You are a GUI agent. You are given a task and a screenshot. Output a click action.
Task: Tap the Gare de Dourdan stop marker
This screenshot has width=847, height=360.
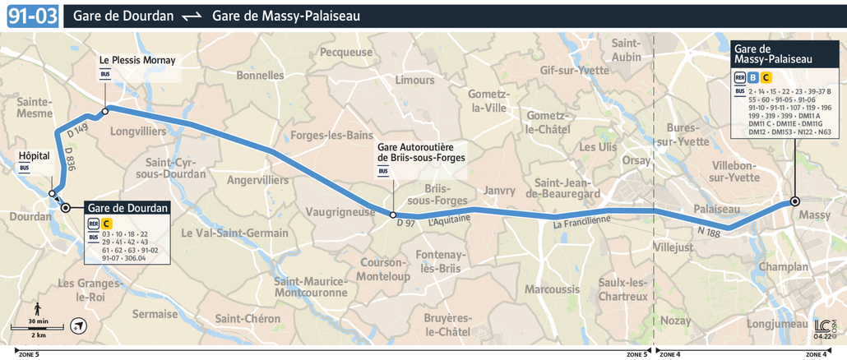[66, 208]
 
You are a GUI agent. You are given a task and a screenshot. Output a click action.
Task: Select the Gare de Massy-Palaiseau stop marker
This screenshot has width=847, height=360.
[795, 201]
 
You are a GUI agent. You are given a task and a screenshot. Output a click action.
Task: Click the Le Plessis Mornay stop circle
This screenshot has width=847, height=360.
[105, 111]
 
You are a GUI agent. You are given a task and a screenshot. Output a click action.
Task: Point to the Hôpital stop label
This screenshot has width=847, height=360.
[35, 155]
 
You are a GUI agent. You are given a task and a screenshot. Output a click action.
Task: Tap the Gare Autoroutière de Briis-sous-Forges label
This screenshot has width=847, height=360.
[421, 152]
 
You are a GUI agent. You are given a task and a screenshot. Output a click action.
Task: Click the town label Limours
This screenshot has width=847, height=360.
[414, 81]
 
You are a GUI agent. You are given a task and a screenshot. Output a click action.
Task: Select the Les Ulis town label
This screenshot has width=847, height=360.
[598, 147]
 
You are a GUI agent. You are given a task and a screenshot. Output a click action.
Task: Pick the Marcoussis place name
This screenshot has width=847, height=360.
[552, 289]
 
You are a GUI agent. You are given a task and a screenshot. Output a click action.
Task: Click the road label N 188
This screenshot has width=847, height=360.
[709, 233]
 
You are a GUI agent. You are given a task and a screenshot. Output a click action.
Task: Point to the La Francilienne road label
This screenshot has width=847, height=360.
[581, 220]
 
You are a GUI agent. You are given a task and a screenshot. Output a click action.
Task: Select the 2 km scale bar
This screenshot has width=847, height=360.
[38, 330]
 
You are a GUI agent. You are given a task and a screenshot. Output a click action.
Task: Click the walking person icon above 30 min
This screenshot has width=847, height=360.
[38, 308]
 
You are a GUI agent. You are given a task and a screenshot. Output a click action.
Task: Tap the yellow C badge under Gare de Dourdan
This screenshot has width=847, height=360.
[107, 223]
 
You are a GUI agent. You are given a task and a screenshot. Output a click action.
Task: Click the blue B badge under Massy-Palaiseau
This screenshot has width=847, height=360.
[753, 77]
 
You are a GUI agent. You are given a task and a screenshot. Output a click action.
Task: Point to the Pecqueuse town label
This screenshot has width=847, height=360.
[346, 52]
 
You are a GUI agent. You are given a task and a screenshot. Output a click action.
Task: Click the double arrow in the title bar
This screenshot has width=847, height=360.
[192, 16]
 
